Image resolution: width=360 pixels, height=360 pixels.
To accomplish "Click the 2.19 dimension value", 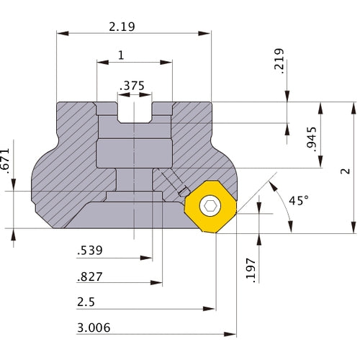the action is pos(122,27).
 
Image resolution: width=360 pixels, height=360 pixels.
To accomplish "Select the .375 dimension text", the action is pos(132,86).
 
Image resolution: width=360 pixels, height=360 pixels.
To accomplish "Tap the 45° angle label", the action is pos(299,200).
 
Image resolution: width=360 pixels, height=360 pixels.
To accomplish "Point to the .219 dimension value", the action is pos(279,61).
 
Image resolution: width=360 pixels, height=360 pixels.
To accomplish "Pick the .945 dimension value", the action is pos(312,139).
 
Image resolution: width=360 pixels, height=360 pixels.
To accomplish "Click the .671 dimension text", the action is pos(5,161).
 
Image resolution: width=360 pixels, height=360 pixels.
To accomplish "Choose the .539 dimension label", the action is pos(90,251).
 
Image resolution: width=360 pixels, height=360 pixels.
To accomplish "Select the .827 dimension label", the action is pos(90,276).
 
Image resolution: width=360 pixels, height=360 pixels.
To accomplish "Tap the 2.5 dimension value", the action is pos(86,302).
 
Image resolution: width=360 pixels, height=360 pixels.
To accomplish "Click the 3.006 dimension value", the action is pos(94,328).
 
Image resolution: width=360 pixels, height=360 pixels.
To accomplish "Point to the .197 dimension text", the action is pos(251,270).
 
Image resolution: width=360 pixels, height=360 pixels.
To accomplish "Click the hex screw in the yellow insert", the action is pos(210,206).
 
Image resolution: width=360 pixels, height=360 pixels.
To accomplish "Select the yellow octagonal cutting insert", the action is pos(210,207).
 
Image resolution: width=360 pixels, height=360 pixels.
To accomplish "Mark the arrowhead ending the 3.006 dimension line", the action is pos(230,334).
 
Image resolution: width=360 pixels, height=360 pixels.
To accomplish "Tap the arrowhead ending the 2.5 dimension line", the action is pos(209,309).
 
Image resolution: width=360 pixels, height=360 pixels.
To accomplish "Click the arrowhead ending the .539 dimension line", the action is pos(146,258).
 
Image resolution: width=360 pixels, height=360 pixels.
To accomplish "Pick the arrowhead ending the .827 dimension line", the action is pos(156,282).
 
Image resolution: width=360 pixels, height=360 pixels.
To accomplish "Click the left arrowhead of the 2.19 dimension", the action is pos(63,33).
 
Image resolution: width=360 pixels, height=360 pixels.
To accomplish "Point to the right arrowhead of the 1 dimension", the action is pos(166,63).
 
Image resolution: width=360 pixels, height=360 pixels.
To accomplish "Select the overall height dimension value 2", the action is pos(346,171).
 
